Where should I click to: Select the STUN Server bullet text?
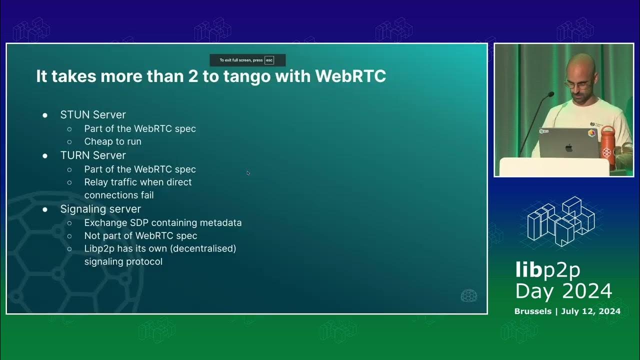point(93,114)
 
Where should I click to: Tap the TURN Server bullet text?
point(93,155)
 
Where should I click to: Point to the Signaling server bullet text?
point(100,209)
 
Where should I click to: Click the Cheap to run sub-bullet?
point(112,141)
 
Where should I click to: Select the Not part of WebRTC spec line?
point(140,235)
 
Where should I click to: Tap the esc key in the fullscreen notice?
point(269,60)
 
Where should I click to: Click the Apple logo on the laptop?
point(568,147)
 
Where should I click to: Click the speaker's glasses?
point(577,85)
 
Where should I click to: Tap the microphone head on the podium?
point(550,94)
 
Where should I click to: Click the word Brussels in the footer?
point(533,311)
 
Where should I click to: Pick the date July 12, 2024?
point(591,311)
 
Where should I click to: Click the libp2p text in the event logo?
point(547,270)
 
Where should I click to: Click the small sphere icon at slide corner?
point(468,295)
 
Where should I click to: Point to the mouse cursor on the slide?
point(248,173)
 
